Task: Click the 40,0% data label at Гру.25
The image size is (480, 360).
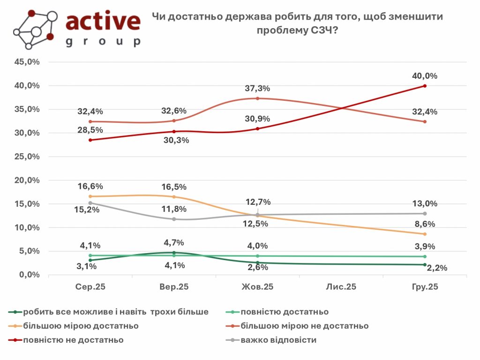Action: (425, 76)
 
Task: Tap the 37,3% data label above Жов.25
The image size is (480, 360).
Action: (258, 89)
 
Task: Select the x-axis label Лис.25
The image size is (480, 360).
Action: (341, 287)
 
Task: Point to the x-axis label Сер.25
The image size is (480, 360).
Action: (90, 287)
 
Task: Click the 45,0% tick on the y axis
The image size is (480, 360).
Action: (27, 62)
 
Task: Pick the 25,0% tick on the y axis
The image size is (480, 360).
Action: (27, 157)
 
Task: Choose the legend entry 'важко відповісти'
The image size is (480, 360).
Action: (278, 340)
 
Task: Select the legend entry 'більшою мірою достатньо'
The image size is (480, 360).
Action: (81, 326)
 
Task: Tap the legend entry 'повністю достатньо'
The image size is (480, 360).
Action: (284, 312)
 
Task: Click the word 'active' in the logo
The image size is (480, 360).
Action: (103, 21)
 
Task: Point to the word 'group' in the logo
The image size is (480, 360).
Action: (103, 41)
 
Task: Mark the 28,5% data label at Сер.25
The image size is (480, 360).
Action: (90, 129)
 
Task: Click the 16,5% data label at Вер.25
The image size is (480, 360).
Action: (174, 187)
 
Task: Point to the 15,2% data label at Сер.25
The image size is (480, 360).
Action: (90, 210)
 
